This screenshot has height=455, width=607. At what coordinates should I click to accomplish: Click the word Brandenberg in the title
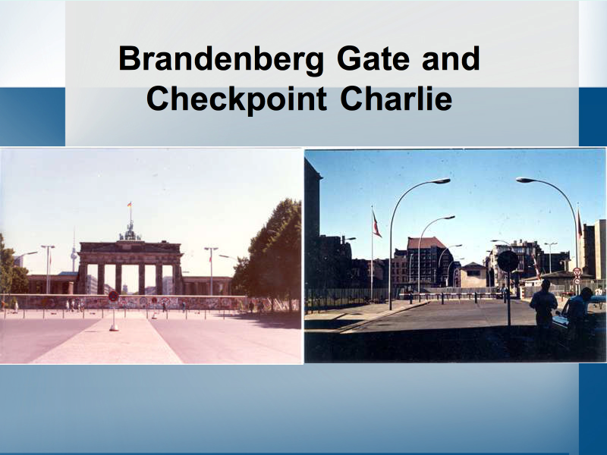click(x=221, y=59)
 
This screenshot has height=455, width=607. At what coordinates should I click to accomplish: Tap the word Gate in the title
click(x=373, y=58)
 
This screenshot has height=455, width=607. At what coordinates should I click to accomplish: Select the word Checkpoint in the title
click(x=237, y=99)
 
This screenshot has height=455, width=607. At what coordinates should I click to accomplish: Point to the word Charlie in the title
click(x=396, y=99)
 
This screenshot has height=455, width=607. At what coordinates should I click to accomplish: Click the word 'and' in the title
click(x=451, y=58)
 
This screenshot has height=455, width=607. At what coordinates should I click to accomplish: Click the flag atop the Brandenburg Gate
click(x=130, y=205)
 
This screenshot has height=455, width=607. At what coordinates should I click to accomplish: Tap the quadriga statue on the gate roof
click(x=130, y=232)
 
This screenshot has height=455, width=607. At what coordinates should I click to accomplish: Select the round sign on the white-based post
click(x=113, y=297)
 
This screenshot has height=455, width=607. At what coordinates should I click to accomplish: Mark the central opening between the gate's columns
click(x=130, y=278)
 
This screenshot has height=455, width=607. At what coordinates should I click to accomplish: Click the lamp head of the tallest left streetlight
click(x=438, y=180)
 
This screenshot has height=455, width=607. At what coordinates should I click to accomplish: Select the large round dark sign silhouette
click(x=508, y=261)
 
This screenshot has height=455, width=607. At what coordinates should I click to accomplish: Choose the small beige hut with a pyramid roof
click(x=473, y=275)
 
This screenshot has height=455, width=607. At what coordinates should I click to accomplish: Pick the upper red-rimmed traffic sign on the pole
click(x=577, y=271)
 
